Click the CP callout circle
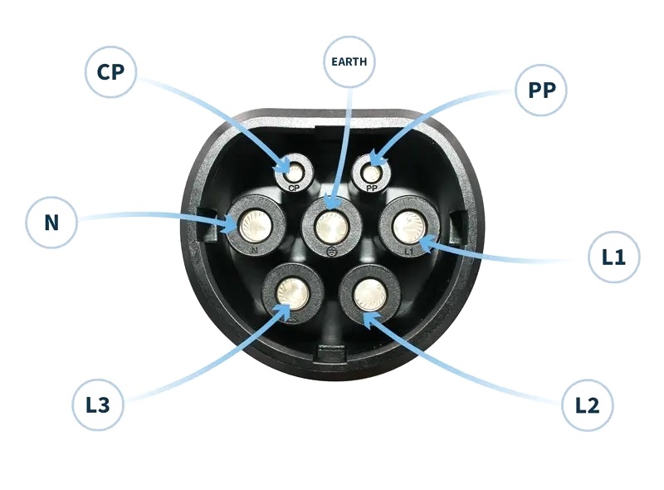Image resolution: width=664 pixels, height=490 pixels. click(110, 71)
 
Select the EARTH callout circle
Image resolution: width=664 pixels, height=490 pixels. click(349, 61)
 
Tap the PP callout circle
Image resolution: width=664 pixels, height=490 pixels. click(541, 90)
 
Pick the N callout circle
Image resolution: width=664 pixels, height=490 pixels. click(51, 222)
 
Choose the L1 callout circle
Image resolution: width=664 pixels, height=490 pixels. click(613, 257)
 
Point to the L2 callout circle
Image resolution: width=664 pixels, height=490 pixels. click(587, 405)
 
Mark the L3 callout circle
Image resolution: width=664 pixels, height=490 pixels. click(97, 405)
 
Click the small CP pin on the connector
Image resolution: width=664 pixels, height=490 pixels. click(294, 173)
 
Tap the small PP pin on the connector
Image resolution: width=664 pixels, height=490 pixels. click(371, 173)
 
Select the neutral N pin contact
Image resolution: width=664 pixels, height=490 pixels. click(254, 224)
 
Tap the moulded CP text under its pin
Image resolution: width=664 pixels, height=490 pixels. click(294, 189)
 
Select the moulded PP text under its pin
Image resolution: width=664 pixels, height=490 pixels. click(371, 189)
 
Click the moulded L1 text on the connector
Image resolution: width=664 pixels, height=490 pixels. click(408, 249)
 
